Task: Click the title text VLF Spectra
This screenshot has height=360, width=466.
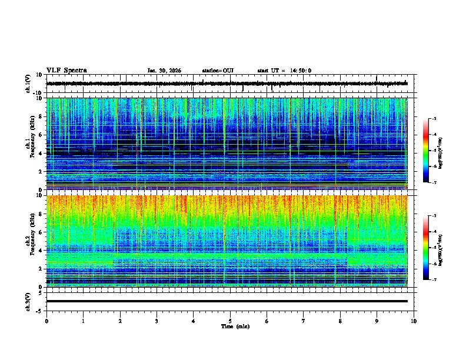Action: (x=66, y=71)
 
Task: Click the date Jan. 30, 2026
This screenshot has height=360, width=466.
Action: (x=164, y=71)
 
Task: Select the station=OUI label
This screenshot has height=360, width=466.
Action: (x=218, y=71)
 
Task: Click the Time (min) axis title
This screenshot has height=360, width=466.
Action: (x=234, y=326)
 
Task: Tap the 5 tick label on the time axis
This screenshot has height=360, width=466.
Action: (x=230, y=321)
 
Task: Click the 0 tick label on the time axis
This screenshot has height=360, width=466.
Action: (x=46, y=321)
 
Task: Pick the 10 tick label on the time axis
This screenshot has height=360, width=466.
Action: (x=414, y=321)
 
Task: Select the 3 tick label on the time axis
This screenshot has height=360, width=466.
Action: (x=157, y=321)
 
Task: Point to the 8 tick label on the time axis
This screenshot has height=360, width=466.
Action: (x=340, y=321)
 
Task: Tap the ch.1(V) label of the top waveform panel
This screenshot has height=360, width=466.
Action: (x=28, y=84)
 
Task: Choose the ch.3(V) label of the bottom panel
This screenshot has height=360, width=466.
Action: (x=28, y=301)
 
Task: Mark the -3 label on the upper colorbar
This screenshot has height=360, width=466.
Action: (x=434, y=119)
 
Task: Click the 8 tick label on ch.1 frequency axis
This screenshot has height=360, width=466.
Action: (x=41, y=116)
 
